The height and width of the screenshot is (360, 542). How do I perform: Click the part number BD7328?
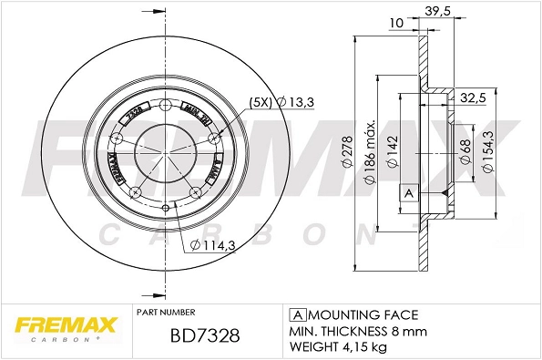(206, 335)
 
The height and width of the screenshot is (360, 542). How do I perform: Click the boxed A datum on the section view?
(408, 194)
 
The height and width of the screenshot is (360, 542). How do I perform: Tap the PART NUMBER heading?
(165, 311)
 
